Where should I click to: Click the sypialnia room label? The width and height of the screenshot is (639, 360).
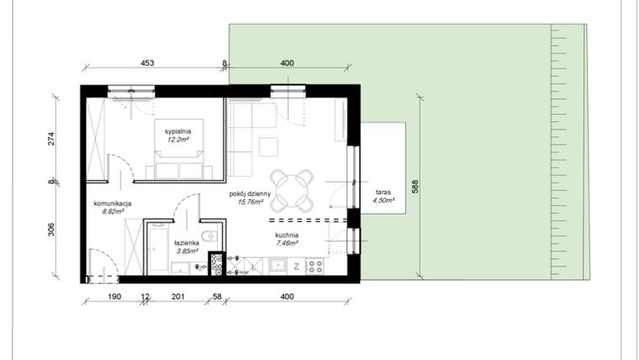tap(178, 132)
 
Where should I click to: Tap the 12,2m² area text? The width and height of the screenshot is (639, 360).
tap(178, 140)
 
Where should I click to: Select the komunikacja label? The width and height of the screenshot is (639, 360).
tap(111, 204)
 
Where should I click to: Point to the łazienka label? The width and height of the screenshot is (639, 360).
tap(186, 242)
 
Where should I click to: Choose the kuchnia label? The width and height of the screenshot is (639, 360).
tap(288, 236)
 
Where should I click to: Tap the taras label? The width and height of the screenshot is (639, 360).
tap(383, 192)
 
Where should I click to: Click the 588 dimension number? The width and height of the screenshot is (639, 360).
tap(415, 187)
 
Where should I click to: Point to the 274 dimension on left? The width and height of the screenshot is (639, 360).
tap(51, 140)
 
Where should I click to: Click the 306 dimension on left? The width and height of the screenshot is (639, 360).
tap(51, 230)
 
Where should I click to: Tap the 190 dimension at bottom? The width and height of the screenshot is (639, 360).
tap(115, 296)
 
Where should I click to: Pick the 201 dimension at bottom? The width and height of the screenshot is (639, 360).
tap(177, 296)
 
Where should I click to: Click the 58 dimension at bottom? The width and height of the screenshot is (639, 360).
tap(217, 296)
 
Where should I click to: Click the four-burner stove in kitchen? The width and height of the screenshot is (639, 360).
tap(315, 267)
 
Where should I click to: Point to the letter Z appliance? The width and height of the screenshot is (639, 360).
tap(296, 267)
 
